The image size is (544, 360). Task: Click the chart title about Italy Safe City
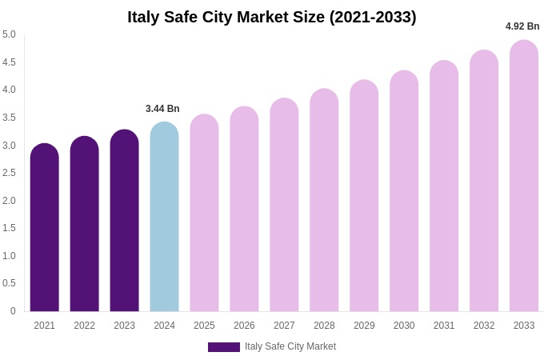click(x=272, y=17)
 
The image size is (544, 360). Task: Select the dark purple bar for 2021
click(x=45, y=228)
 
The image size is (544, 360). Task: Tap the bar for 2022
click(x=85, y=224)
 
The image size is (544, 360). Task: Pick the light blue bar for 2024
click(x=164, y=217)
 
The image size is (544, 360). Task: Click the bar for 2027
click(x=284, y=205)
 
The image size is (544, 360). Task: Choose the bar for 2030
click(x=404, y=191)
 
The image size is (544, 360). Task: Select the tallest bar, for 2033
click(x=524, y=176)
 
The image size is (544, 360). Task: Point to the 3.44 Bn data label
click(x=162, y=109)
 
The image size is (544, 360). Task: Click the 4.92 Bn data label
click(x=522, y=26)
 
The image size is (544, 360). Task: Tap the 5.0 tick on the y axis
click(x=9, y=34)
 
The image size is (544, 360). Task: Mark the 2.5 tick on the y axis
click(x=9, y=173)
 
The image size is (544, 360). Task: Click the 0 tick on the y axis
click(x=13, y=311)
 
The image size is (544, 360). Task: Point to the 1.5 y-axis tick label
click(x=9, y=228)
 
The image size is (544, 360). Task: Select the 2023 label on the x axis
click(x=124, y=326)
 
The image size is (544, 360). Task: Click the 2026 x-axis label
click(x=244, y=326)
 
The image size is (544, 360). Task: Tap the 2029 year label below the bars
click(x=364, y=326)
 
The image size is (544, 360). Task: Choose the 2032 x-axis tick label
click(x=484, y=326)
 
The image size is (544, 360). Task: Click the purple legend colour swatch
click(x=224, y=347)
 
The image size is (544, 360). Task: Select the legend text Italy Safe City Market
click(x=290, y=346)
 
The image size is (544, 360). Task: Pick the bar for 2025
click(x=204, y=213)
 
